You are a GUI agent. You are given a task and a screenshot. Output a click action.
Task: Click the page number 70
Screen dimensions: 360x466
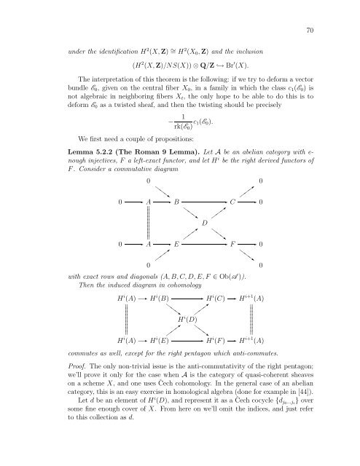point(310,30)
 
